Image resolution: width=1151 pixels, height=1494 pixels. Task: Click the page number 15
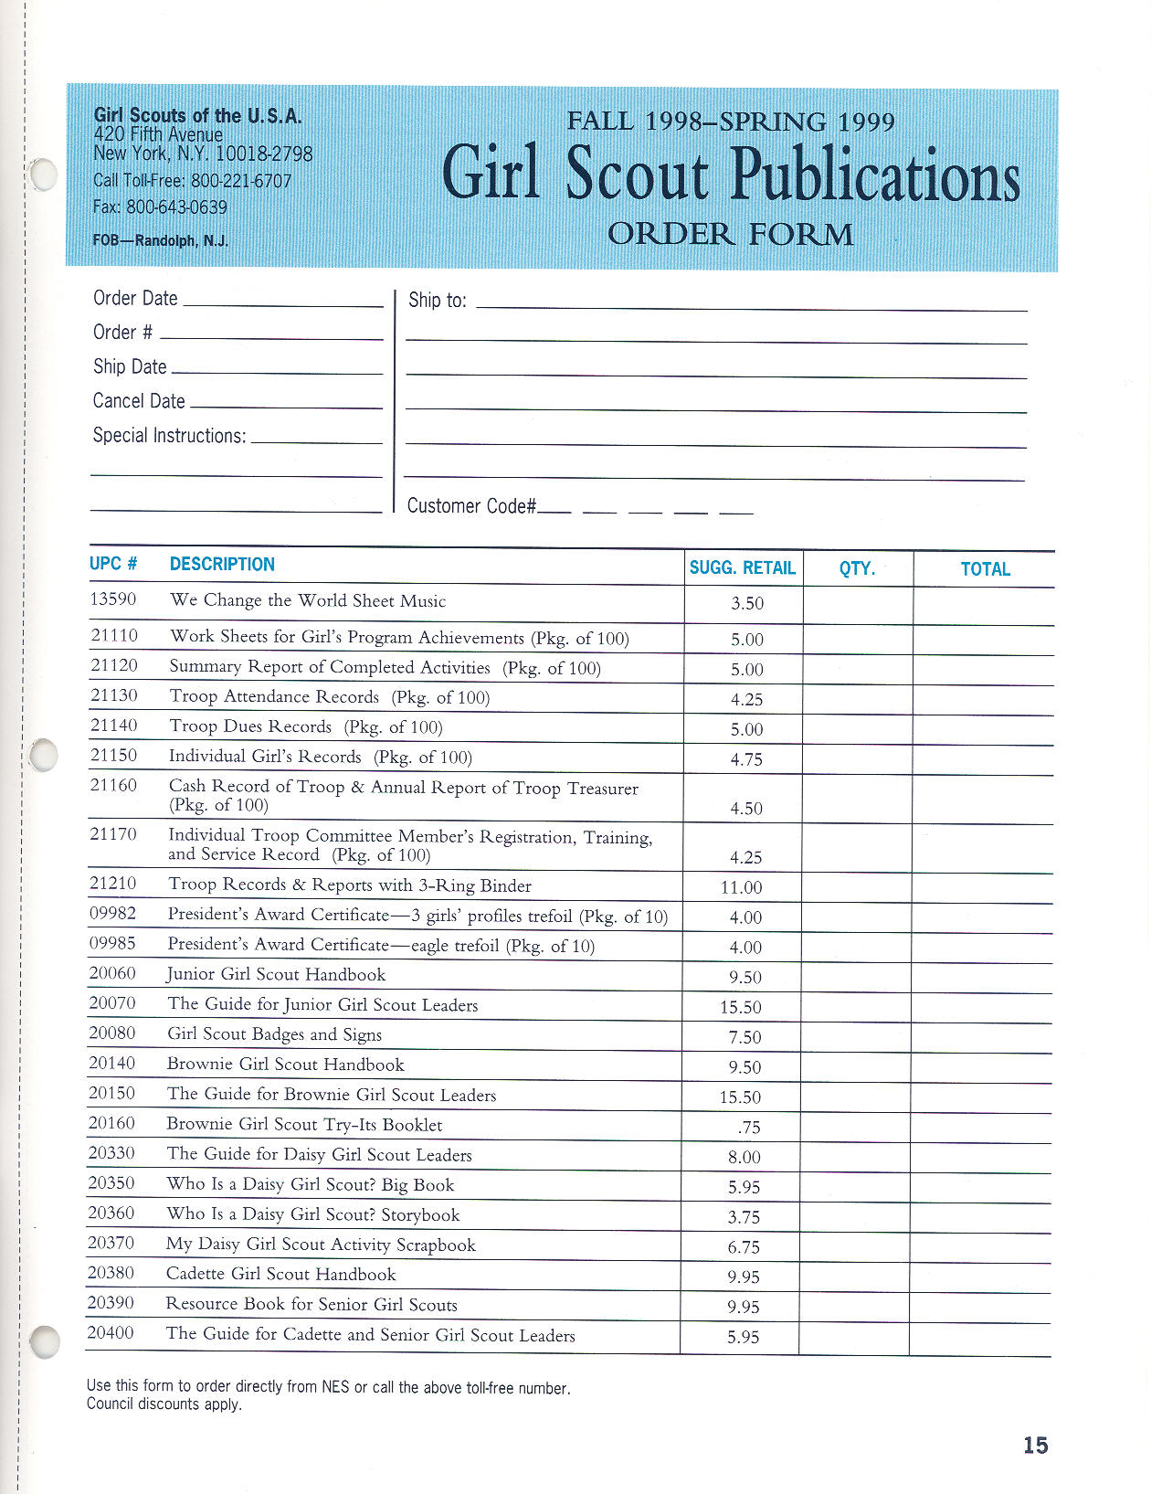1035,1445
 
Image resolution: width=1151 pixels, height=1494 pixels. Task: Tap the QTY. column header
857,568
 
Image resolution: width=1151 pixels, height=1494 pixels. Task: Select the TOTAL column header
985,569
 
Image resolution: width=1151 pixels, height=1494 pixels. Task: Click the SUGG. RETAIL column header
742,567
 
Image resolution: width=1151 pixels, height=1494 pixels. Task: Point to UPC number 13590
112,599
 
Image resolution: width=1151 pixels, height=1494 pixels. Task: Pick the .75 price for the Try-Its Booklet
749,1128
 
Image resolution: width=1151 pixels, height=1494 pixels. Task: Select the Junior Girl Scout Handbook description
276,974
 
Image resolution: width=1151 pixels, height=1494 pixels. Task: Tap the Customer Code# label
470,506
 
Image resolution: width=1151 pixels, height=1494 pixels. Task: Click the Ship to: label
437,301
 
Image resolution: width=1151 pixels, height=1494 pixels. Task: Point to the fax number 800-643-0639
176,207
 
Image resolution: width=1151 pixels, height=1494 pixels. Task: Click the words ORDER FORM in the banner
730,235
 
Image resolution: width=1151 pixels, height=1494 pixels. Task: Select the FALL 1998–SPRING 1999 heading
730,122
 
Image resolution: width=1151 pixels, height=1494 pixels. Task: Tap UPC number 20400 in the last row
111,1333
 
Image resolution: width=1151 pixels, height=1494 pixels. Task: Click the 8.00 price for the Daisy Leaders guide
744,1157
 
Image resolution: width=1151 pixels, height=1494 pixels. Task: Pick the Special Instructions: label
169,436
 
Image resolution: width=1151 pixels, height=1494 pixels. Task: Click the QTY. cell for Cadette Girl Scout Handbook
853,1277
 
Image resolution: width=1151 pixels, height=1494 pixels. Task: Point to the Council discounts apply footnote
164,1404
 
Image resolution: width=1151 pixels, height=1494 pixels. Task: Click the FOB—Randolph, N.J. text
160,241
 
